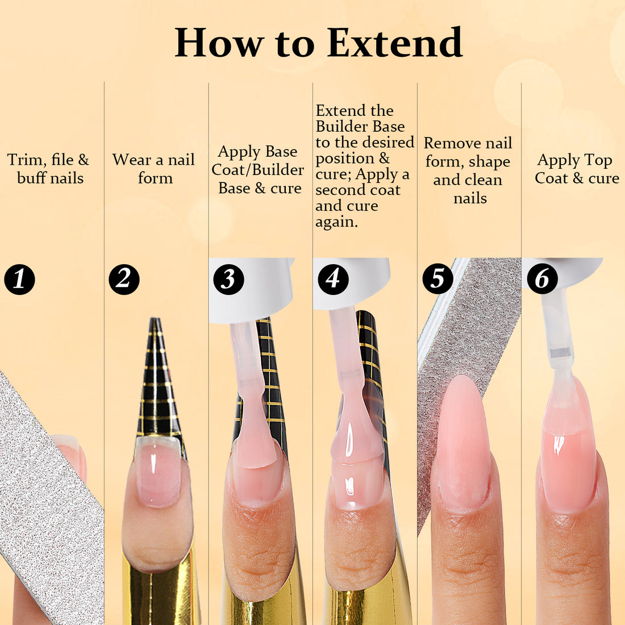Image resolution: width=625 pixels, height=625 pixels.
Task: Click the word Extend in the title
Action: (395, 43)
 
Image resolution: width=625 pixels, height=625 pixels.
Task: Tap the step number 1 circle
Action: (19, 279)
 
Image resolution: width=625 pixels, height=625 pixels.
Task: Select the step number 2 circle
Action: (124, 279)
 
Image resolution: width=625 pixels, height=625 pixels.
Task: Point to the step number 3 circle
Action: (228, 279)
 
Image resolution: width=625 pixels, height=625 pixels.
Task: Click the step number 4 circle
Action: (333, 279)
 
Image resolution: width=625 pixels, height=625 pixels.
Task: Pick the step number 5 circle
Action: (438, 279)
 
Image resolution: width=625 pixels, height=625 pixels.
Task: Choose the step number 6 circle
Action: (542, 279)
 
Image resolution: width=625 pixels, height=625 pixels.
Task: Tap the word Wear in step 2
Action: (132, 160)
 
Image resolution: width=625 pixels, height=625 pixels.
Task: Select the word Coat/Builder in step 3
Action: (257, 170)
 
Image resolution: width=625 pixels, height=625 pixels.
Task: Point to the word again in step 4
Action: (336, 222)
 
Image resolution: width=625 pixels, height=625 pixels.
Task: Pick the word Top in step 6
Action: (597, 161)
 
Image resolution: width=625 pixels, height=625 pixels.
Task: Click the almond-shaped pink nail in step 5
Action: (463, 443)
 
